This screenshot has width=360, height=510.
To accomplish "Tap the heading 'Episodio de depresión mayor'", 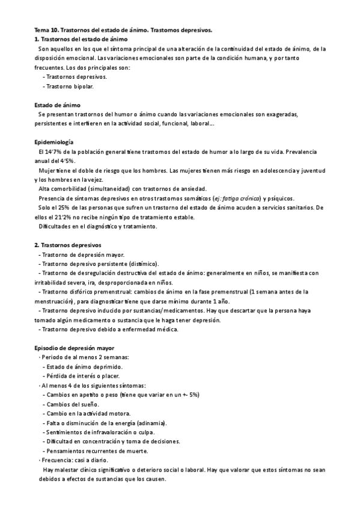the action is [74, 348].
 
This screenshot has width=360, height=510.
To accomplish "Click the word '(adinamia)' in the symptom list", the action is [151, 423].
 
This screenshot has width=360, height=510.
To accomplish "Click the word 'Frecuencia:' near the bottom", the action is [57, 460].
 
